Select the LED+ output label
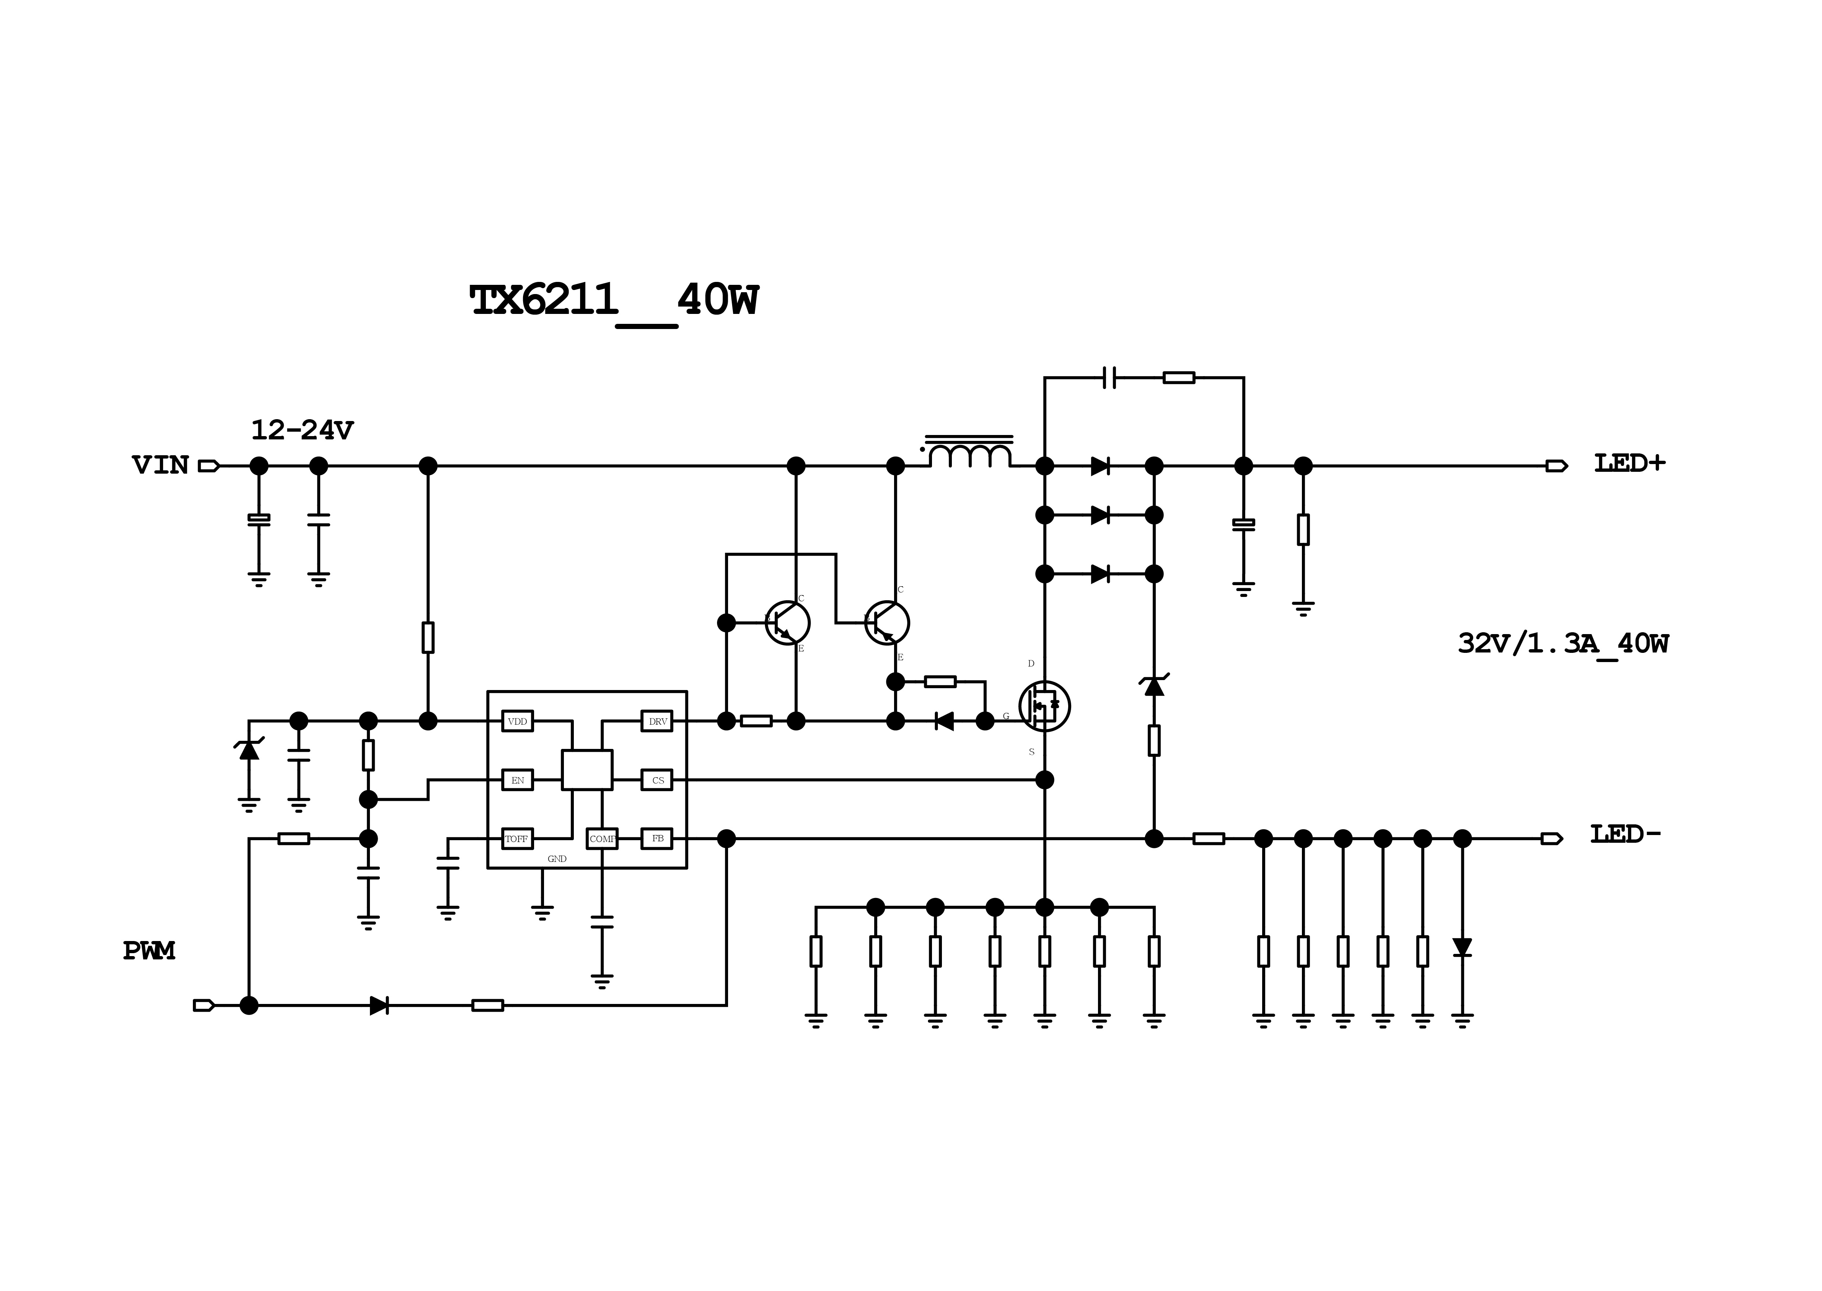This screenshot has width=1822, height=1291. [x=1629, y=463]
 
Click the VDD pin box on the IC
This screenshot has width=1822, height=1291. [x=518, y=721]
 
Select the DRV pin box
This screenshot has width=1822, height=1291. [x=657, y=721]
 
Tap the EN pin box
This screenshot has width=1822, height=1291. [x=518, y=780]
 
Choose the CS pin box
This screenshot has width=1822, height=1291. [x=657, y=780]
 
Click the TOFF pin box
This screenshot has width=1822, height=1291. [x=518, y=839]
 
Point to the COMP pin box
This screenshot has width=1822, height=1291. [x=602, y=839]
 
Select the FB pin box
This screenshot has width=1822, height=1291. [x=657, y=839]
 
